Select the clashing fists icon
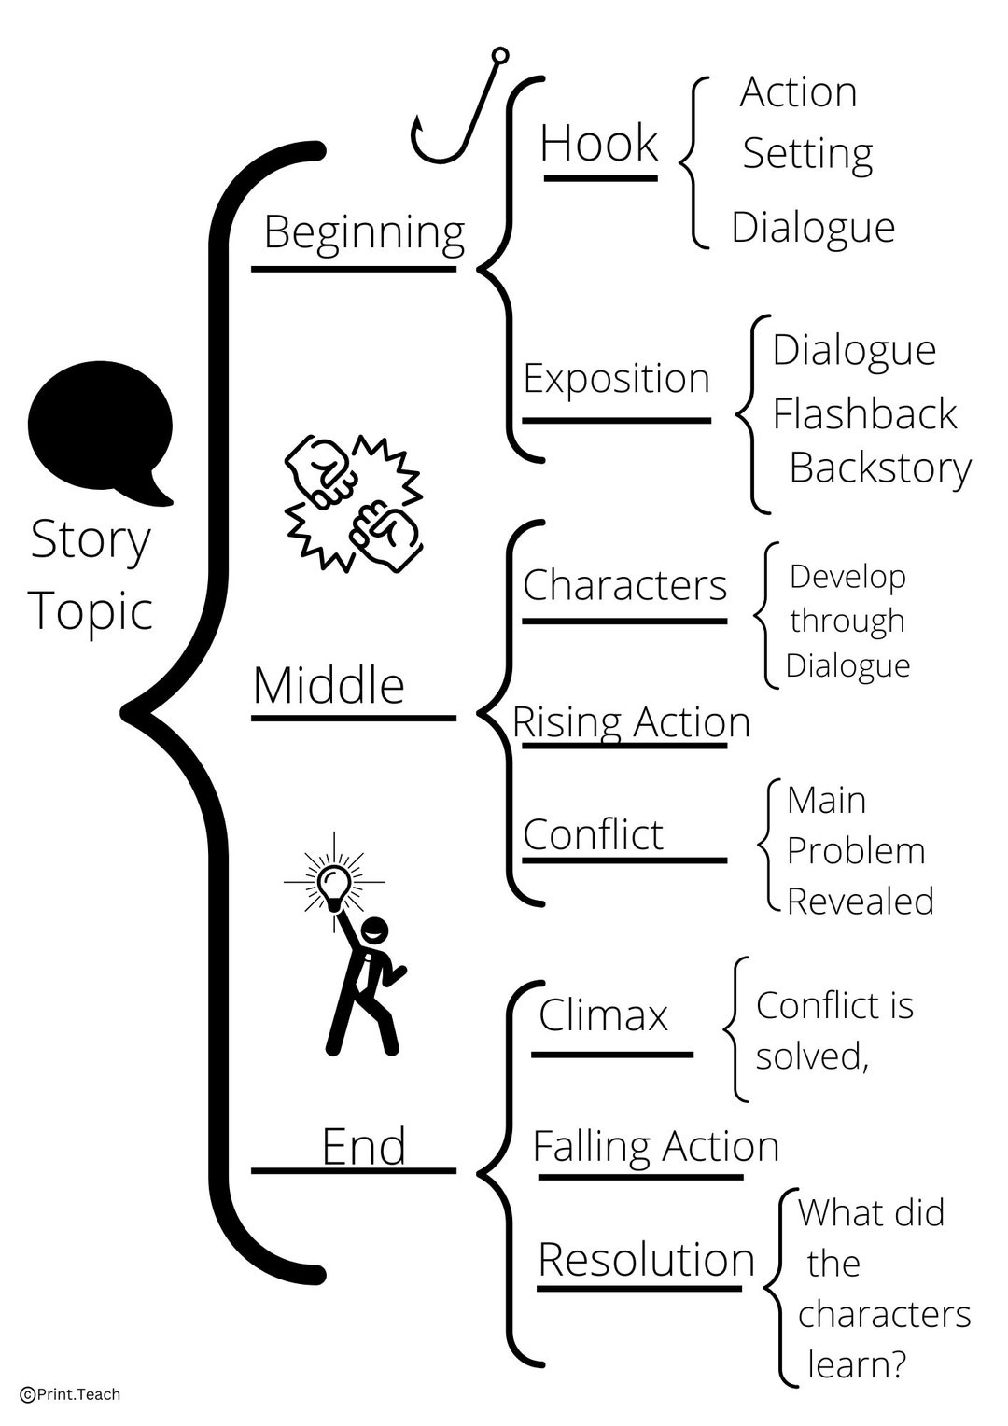(353, 500)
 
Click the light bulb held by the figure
(333, 882)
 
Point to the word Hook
(599, 144)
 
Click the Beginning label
(364, 231)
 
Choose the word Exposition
(616, 379)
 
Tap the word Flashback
(864, 414)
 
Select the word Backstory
(880, 468)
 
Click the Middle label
(329, 686)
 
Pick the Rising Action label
(632, 722)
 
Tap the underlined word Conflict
(593, 834)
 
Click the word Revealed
(860, 902)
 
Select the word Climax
(603, 1015)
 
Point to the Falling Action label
(655, 1147)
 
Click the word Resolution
(646, 1260)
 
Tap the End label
(363, 1147)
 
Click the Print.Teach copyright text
(71, 1394)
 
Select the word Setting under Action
(807, 154)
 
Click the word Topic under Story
(91, 612)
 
